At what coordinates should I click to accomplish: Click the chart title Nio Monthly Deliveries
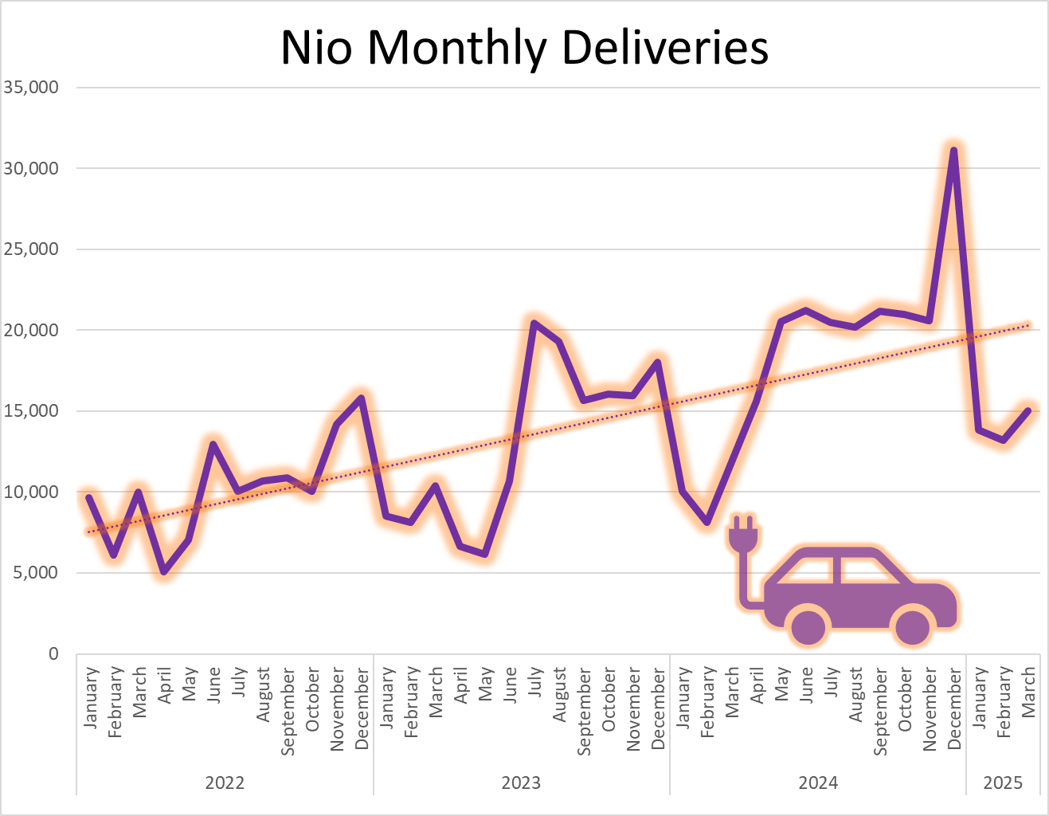point(524,48)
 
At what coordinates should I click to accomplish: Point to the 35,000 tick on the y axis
point(32,88)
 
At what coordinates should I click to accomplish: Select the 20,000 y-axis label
point(32,330)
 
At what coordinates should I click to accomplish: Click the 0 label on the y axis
point(53,653)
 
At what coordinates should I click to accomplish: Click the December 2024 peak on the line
point(953,150)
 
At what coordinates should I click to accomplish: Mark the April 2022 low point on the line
point(164,571)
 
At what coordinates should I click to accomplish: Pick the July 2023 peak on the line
point(534,323)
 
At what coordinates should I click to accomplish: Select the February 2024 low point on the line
point(707,522)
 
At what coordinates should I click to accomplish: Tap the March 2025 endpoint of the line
point(1028,410)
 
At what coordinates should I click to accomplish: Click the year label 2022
point(225,783)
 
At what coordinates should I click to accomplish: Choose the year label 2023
point(521,783)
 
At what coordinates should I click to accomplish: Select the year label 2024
point(818,783)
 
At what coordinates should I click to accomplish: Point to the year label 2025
point(1003,783)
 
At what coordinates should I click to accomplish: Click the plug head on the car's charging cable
point(742,536)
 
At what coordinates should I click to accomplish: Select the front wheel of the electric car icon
point(913,627)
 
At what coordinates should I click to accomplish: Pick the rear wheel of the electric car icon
point(809,627)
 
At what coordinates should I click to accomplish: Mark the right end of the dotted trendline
point(1028,325)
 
